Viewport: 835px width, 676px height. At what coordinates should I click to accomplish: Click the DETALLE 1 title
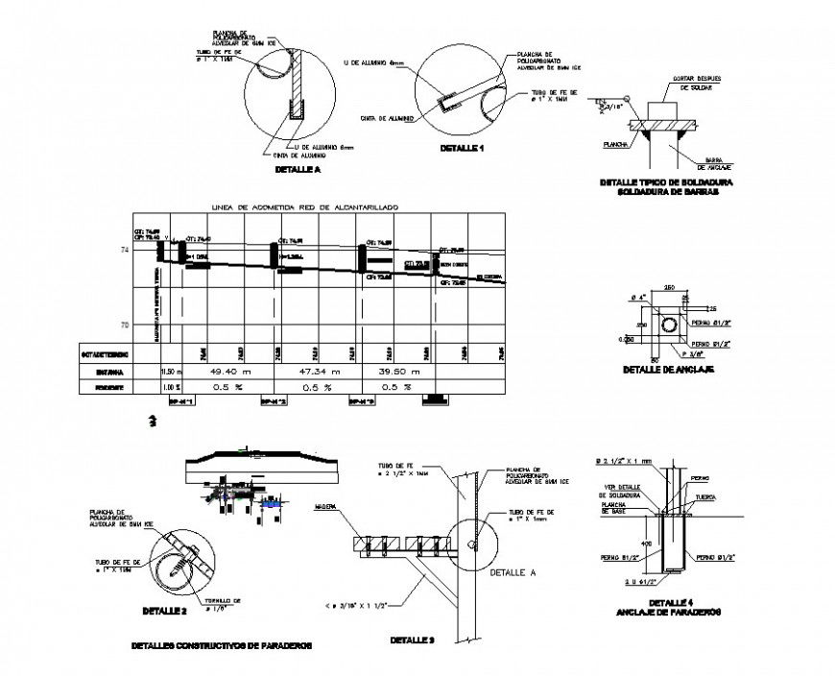click(463, 149)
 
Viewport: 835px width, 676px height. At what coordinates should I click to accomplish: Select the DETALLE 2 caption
click(165, 611)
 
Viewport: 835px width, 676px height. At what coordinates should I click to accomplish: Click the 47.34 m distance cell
click(315, 371)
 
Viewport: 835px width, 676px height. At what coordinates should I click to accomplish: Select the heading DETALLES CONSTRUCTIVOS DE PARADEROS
click(222, 646)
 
